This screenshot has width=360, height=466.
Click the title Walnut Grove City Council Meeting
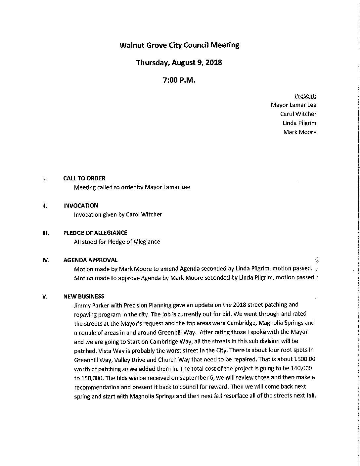pos(179,45)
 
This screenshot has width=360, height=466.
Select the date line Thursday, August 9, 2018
pos(179,62)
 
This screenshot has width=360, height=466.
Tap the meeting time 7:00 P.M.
pos(179,80)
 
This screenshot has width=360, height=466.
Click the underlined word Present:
pos(305,96)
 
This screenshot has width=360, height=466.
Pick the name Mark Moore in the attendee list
pos(300,132)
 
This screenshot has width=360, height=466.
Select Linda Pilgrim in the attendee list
pos(299,123)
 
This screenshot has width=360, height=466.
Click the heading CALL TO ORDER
pos(89,178)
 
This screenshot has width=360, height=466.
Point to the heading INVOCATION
pos(85,206)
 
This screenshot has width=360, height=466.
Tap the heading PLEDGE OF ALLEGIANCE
pos(100,233)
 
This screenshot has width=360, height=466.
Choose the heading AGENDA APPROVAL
pos(95,260)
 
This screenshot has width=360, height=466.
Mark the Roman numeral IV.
pos(46,260)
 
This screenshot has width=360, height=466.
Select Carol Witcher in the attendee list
pos(298,114)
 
